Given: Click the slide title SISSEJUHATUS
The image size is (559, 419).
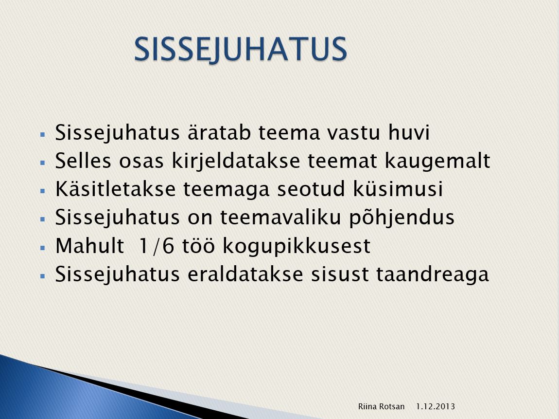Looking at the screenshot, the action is [241, 50].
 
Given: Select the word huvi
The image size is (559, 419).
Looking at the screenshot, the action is [409, 132].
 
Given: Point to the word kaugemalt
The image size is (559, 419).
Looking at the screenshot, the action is [437, 161].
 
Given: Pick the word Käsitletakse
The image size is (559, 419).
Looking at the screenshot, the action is [116, 189].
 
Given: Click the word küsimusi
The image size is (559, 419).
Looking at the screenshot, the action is [398, 189].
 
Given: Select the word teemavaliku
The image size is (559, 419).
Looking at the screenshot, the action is [280, 217].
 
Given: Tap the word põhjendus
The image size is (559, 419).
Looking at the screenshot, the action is [402, 218].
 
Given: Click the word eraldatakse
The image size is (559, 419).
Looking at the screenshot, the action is [245, 274].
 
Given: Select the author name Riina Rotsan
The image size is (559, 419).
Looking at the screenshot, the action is [381, 406].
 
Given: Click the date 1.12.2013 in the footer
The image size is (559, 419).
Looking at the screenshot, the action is [436, 406].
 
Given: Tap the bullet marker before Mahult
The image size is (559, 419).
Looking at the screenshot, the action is [43, 247].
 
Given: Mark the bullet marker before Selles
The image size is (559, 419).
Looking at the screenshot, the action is [43, 163].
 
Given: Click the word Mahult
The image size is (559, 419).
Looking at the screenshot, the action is [89, 246].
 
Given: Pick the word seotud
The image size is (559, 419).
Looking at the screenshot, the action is [311, 189].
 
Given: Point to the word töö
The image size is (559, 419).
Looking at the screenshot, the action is [199, 246].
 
